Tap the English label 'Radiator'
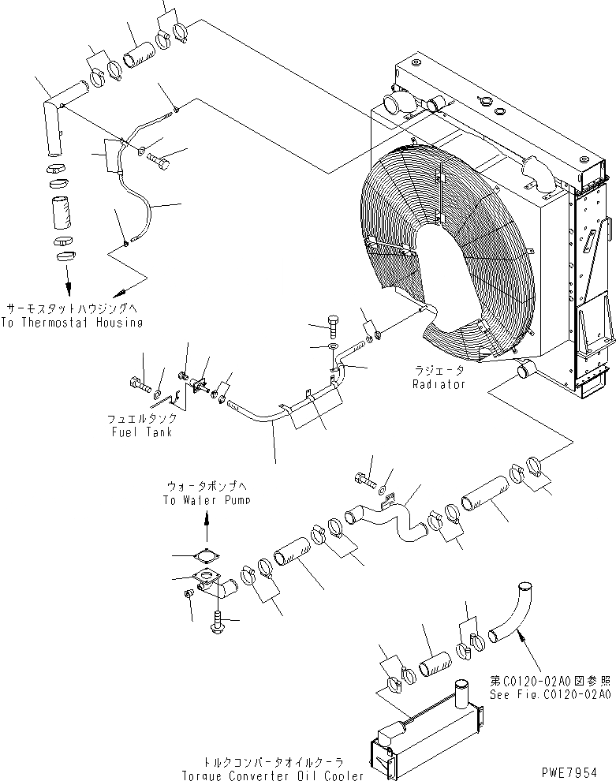(x=439, y=384)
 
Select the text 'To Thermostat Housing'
(x=72, y=322)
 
